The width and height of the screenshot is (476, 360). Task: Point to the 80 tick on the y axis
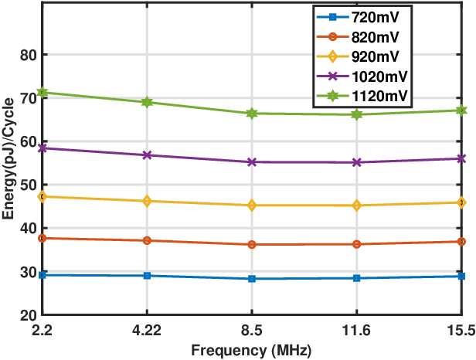29,55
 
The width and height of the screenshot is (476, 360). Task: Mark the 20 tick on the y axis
29,315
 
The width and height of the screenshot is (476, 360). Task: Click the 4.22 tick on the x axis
147,330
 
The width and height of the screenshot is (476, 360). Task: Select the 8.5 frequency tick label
252,330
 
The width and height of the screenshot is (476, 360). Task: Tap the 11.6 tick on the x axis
357,330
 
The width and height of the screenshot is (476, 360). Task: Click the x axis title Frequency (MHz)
252,350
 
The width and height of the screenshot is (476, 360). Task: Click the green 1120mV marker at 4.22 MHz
147,102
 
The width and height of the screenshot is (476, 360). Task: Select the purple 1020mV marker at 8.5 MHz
252,162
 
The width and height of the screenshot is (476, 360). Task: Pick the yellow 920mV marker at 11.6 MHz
357,205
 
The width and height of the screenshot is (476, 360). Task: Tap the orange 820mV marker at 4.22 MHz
147,240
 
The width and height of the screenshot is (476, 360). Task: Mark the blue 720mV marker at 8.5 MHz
252,279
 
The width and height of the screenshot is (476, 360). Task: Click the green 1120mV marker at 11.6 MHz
357,114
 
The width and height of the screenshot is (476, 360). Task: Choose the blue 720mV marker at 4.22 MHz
147,276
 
